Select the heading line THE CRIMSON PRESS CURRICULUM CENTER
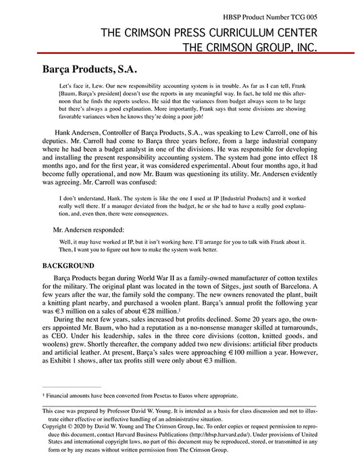tap(209, 32)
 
